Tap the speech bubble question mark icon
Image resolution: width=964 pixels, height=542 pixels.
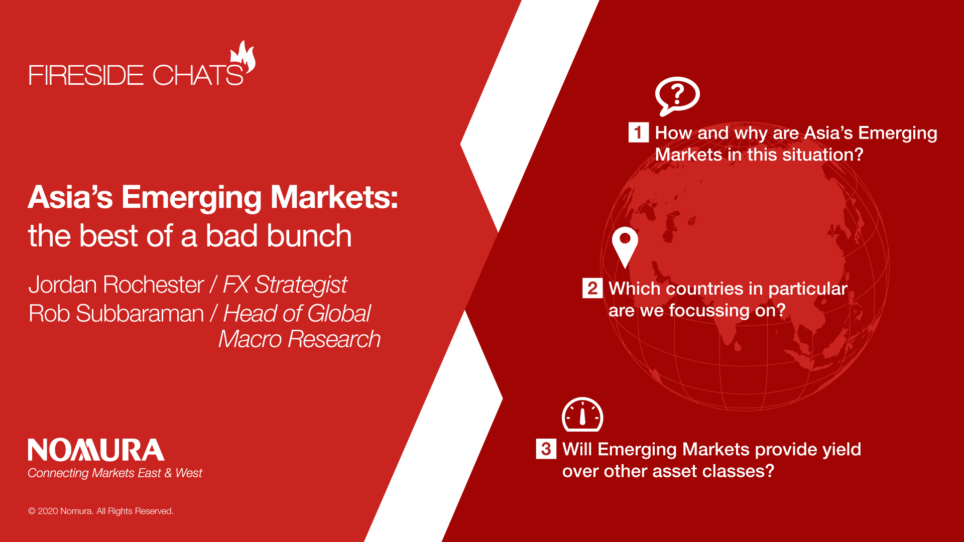point(677,96)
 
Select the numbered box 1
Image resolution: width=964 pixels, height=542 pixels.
point(639,132)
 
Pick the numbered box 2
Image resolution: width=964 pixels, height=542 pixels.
point(592,288)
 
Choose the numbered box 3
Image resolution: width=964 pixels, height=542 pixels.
point(546,449)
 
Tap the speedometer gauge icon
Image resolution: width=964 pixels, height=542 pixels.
point(582,415)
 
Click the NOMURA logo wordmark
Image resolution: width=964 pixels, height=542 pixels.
point(96,450)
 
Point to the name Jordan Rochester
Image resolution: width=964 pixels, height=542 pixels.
point(116,285)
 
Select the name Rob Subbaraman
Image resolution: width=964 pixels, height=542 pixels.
point(116,314)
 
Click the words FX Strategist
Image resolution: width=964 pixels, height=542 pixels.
point(285,285)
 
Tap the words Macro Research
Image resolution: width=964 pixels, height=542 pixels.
point(300,339)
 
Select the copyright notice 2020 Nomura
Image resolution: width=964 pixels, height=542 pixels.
point(101,511)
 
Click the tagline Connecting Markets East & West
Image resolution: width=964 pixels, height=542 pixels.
point(115,473)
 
